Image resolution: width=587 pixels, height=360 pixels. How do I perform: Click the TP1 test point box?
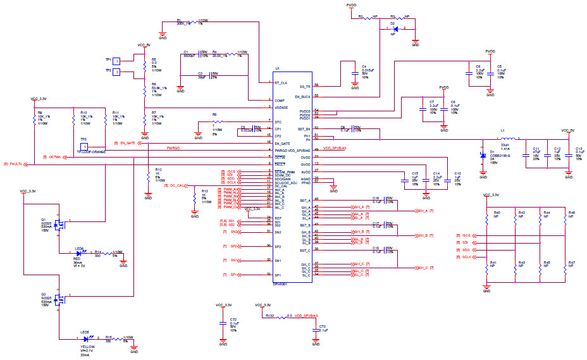click(116, 60)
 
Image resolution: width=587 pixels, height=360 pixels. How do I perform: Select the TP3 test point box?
click(116, 71)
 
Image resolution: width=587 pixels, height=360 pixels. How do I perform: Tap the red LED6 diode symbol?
click(79, 253)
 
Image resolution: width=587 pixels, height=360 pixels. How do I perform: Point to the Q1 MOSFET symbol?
click(61, 224)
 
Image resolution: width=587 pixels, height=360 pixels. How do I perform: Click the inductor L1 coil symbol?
click(508, 139)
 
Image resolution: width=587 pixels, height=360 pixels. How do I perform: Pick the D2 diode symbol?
click(395, 29)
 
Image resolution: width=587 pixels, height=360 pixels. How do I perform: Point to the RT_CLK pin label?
click(281, 83)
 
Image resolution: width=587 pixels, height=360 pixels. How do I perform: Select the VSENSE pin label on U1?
click(281, 108)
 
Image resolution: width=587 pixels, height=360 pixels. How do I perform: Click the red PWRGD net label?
click(173, 147)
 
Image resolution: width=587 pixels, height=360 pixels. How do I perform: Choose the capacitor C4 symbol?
click(355, 71)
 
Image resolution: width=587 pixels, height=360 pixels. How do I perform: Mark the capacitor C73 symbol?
click(314, 330)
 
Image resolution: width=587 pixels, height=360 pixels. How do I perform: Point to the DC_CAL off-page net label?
click(176, 185)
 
